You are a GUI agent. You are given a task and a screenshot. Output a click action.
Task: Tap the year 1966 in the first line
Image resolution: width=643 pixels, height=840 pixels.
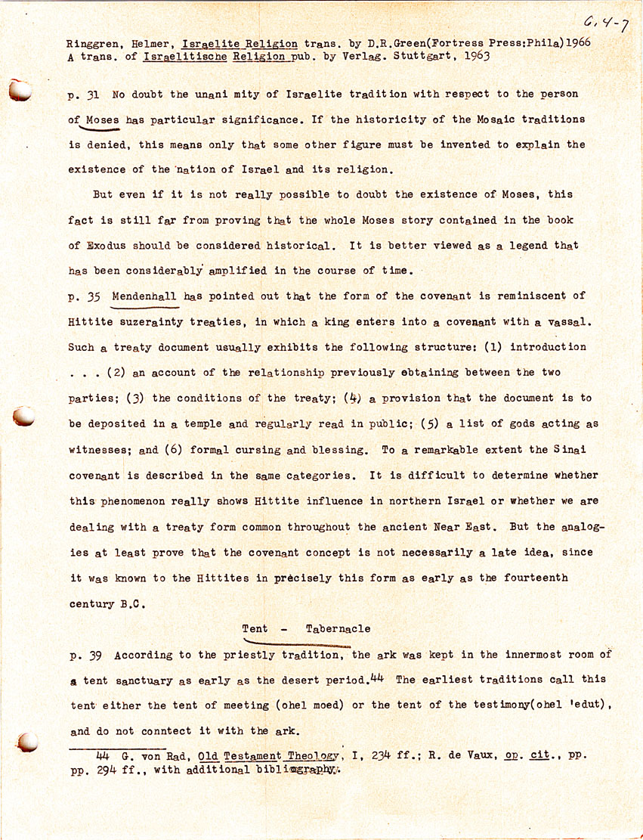(577, 43)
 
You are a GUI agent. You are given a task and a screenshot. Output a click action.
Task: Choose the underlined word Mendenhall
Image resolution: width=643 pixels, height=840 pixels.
(145, 296)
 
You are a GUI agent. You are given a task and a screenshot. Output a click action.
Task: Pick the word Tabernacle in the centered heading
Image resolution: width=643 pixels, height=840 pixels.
(339, 629)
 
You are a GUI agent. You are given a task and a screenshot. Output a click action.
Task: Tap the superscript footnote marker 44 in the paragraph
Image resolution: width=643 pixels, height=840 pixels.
(376, 677)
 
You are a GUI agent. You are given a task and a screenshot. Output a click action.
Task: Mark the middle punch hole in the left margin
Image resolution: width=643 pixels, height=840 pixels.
(23, 416)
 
